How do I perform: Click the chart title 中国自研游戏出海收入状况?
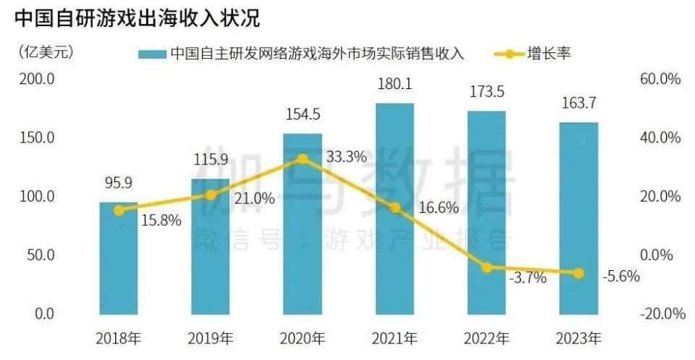pos(138,17)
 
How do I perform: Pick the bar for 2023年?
pos(578,217)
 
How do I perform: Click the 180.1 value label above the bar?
pos(395,85)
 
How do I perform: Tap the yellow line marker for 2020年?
pos(303,159)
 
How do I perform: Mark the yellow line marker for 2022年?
pos(486,267)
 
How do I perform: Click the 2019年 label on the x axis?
pos(211,338)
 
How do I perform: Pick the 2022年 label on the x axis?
pos(486,338)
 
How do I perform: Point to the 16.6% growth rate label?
pos(439,209)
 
